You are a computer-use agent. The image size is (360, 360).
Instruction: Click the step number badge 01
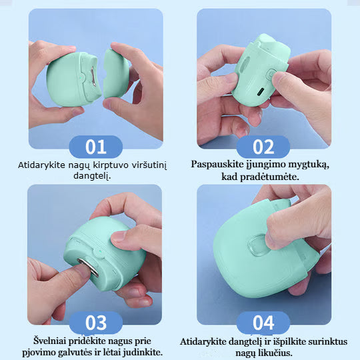[x=96, y=147]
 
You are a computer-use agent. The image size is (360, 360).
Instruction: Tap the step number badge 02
[x=263, y=147]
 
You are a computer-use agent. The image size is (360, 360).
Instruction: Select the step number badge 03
[x=96, y=323]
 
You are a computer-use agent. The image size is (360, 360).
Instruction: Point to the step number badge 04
[x=263, y=323]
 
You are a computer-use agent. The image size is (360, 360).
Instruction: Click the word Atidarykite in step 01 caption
[x=42, y=163]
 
